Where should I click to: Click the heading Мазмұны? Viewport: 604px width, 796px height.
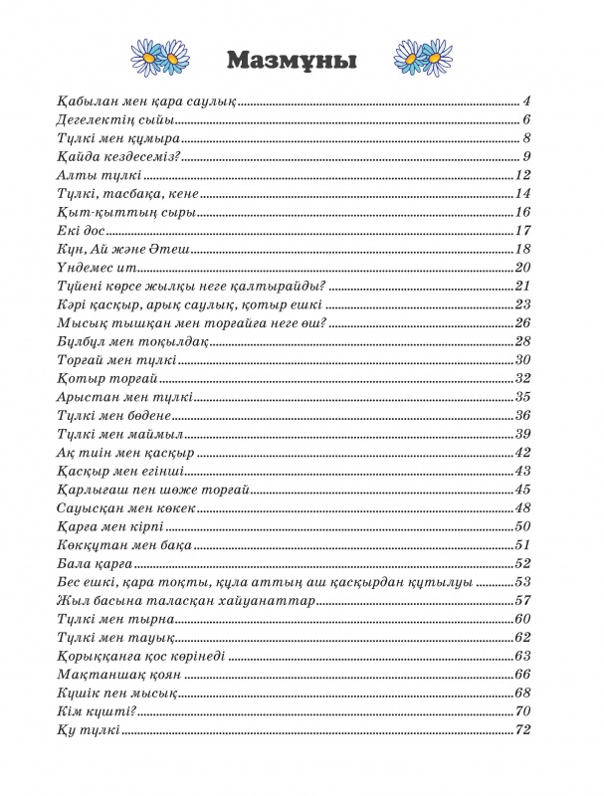292,59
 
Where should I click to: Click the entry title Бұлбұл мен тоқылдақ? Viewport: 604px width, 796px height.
118,340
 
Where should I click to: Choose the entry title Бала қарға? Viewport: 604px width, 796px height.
90,562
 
